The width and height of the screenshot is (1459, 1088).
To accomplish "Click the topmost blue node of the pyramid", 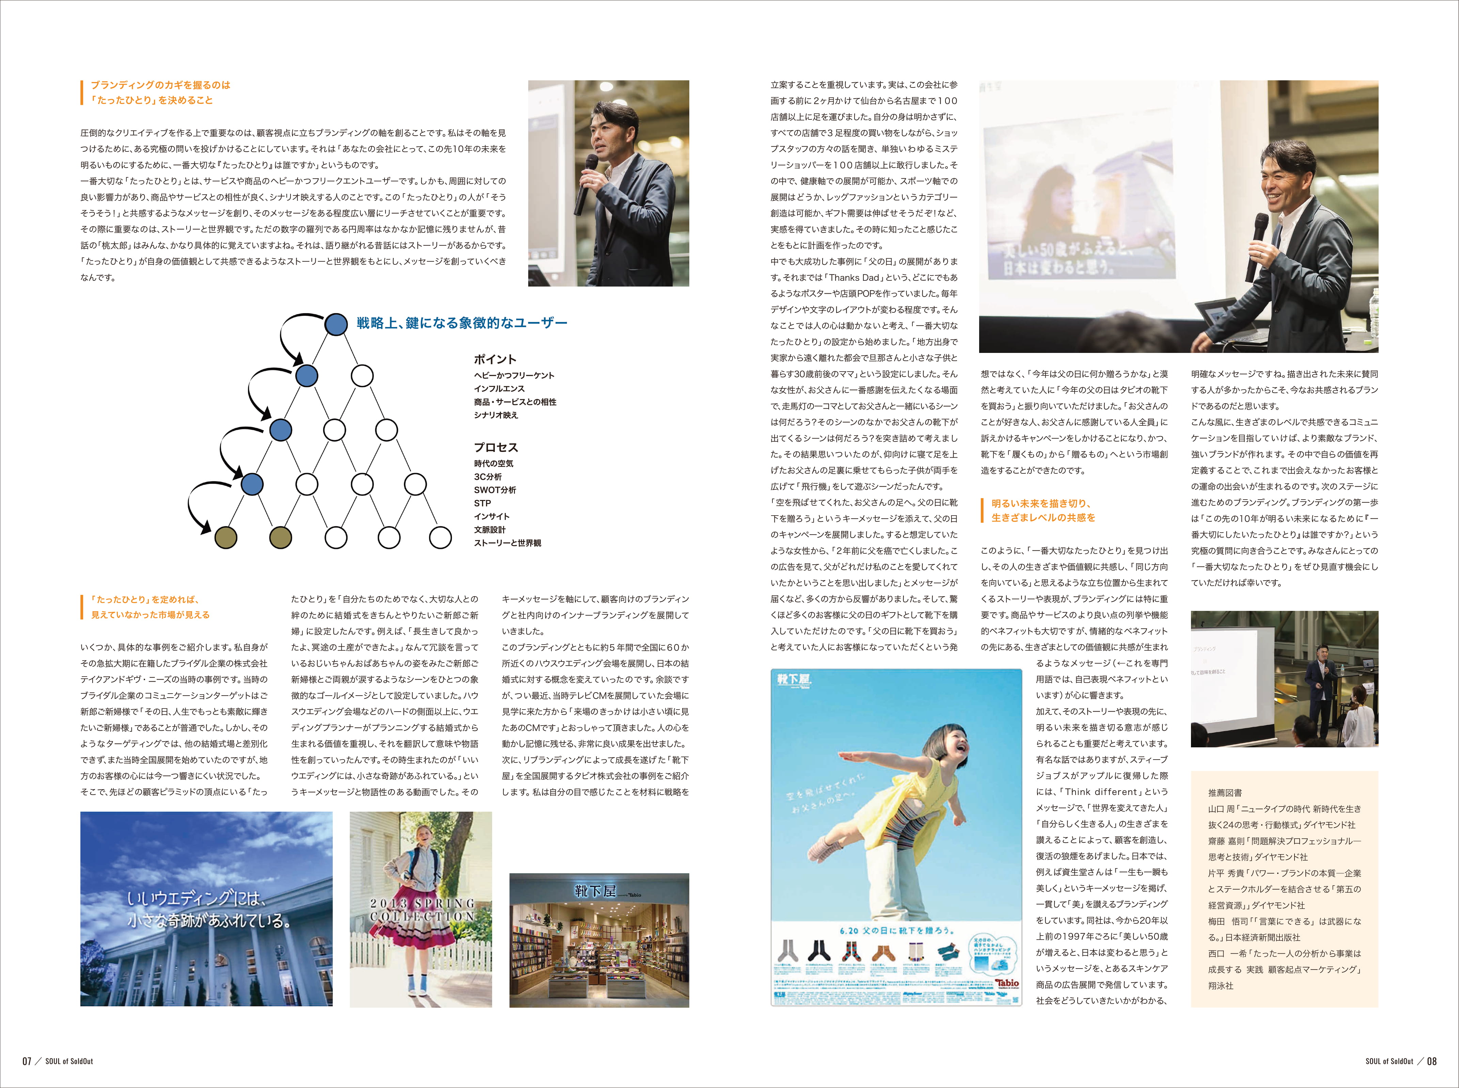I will click(x=336, y=324).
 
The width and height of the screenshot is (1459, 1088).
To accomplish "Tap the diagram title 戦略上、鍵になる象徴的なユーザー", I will click(x=461, y=323).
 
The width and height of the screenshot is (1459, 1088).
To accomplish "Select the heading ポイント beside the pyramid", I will click(x=495, y=359).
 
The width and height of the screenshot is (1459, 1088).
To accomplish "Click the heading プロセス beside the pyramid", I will click(x=496, y=447).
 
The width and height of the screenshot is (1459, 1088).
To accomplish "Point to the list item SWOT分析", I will click(x=495, y=490).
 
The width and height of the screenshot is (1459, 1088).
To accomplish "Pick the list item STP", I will click(x=482, y=503).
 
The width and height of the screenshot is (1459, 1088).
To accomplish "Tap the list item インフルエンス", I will click(x=499, y=389).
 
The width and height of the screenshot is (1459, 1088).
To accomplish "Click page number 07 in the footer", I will click(x=27, y=1061).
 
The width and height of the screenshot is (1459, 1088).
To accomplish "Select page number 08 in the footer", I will click(x=1431, y=1061).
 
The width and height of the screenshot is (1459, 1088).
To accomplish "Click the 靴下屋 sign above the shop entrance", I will click(x=596, y=891).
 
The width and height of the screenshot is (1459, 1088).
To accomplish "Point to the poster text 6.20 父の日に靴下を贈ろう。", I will click(x=896, y=930).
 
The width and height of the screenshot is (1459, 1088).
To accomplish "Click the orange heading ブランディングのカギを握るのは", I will click(x=160, y=85).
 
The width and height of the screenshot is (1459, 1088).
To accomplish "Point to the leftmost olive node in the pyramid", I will click(x=226, y=537).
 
